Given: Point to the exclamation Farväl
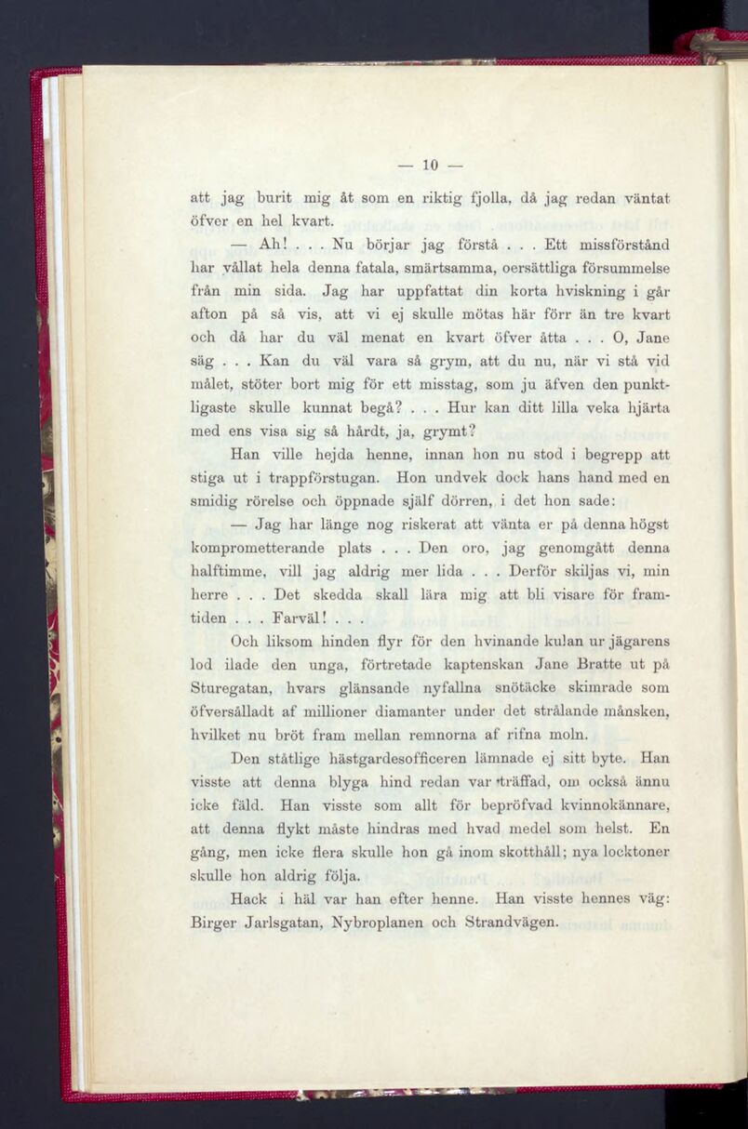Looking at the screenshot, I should tap(297, 618).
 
